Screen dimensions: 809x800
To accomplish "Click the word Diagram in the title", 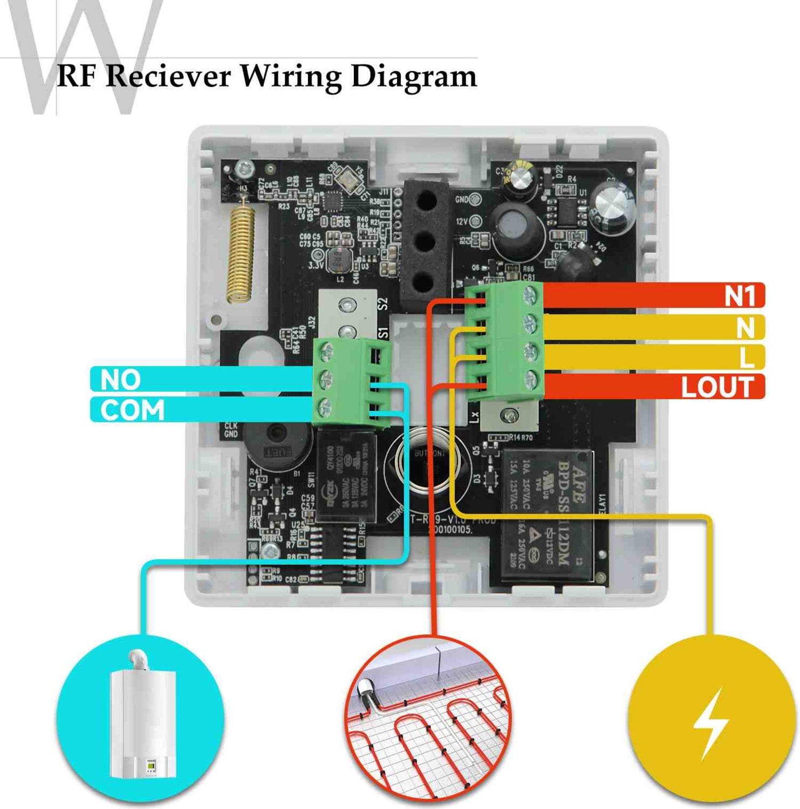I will [x=414, y=76].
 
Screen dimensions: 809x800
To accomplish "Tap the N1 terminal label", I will [x=740, y=296].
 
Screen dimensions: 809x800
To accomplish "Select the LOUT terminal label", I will [x=717, y=387].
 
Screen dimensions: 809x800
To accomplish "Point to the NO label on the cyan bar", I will [x=120, y=380].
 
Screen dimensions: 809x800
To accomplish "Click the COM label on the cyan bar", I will [x=132, y=410].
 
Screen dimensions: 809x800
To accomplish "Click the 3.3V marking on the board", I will [x=316, y=266].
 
